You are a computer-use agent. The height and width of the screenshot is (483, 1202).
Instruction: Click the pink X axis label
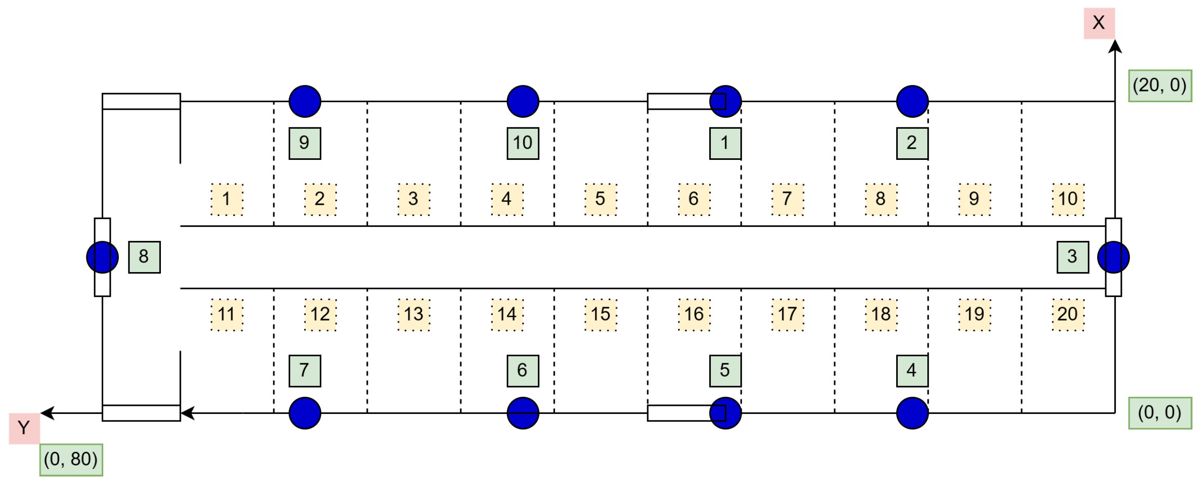[x=1099, y=23]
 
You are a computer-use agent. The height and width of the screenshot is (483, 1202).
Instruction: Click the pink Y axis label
[x=24, y=428]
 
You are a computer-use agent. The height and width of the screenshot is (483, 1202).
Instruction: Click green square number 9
[x=305, y=143]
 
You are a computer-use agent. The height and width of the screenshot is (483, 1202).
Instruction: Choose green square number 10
[x=523, y=143]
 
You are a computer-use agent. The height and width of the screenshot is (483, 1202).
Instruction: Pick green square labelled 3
[x=1072, y=257]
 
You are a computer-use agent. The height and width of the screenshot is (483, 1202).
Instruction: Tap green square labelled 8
[x=144, y=257]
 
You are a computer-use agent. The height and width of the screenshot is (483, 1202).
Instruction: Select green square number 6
[x=523, y=371]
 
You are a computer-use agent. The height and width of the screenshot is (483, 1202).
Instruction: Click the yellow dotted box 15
[x=600, y=315]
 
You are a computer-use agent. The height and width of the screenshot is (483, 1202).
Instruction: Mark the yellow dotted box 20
[x=1068, y=315]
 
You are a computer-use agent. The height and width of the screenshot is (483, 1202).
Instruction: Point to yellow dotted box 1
[x=227, y=199]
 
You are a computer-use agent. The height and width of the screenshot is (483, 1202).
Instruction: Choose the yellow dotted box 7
[x=787, y=199]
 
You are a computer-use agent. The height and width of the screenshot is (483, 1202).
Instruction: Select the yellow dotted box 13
[x=414, y=315]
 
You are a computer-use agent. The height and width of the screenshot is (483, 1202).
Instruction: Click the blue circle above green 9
[x=305, y=101]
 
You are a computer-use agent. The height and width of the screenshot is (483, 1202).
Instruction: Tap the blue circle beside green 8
[x=102, y=257]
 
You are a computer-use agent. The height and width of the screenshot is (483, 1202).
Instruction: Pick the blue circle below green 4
[x=912, y=413]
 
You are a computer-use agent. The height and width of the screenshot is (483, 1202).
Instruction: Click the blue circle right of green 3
[x=1113, y=257]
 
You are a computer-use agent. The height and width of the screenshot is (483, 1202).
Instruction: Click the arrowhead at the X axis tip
[x=1115, y=46]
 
